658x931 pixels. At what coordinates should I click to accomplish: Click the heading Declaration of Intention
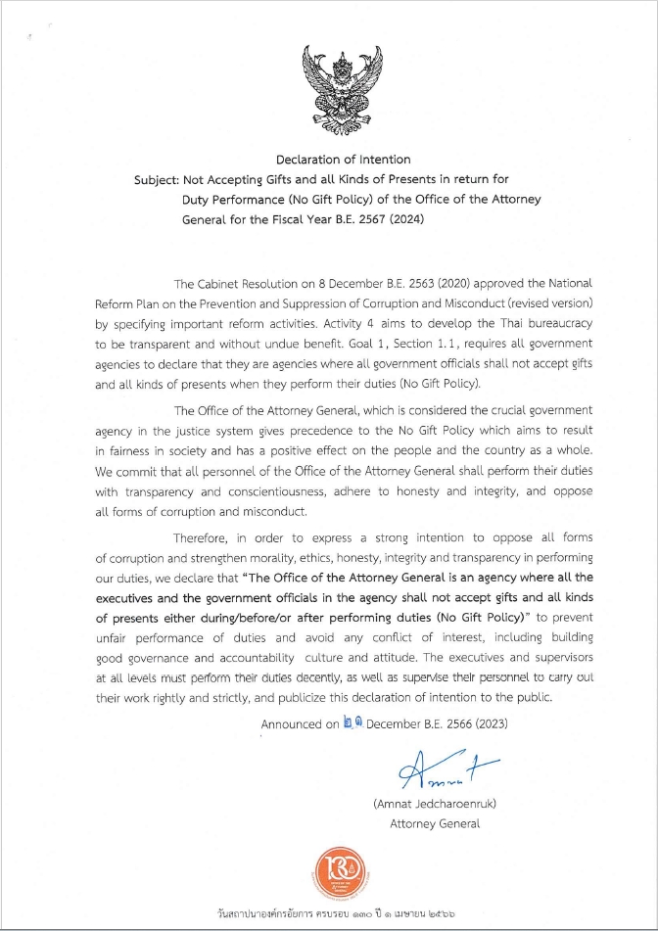click(x=343, y=159)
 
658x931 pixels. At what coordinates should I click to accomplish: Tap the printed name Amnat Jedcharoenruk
click(x=435, y=804)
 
